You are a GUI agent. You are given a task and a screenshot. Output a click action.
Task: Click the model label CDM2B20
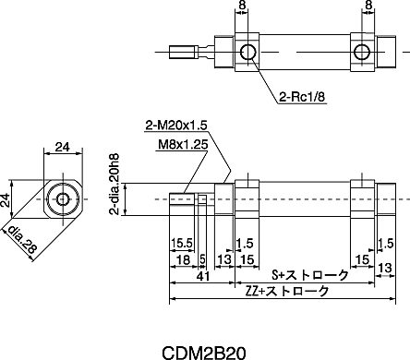point(204,353)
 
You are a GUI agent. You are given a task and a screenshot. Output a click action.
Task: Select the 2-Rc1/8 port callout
point(302,97)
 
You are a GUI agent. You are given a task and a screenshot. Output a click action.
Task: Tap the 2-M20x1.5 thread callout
point(176,126)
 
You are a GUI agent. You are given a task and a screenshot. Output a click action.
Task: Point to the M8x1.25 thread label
point(183,144)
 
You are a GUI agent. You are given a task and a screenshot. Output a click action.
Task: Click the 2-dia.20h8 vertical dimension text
point(115,184)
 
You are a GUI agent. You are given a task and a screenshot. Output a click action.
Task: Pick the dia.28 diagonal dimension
point(21,240)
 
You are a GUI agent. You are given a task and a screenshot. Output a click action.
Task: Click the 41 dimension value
point(203,276)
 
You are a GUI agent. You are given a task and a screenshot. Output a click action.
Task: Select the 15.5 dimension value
point(182,243)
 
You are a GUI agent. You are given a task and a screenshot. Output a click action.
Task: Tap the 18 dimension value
point(184,259)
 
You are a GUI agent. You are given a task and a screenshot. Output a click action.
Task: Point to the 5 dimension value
point(202,259)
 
